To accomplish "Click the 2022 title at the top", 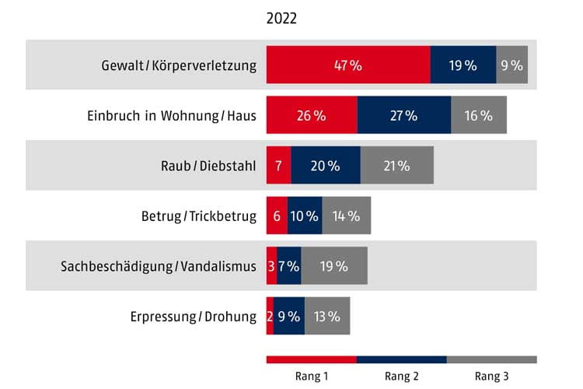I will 281,19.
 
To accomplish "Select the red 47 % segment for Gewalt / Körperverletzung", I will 348,65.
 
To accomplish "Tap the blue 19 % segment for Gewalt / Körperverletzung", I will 463,65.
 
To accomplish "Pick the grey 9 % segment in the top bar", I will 512,65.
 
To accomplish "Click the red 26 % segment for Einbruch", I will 312,115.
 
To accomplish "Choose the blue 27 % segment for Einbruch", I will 404,115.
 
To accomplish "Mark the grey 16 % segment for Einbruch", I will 479,115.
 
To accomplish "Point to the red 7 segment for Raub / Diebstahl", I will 279,166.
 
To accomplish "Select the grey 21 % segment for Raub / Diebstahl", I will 397,166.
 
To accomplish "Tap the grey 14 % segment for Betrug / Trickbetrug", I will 347,216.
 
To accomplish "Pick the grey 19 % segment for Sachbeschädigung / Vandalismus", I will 334,266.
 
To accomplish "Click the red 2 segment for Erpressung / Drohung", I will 271,316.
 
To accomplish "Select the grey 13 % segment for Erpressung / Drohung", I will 328,316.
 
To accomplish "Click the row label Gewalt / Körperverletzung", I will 179,65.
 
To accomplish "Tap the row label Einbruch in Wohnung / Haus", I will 172,116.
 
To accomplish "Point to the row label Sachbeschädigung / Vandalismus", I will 159,266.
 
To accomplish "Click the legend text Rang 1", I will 312,376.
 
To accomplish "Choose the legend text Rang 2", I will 402,376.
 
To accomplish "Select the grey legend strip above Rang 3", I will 492,359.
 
